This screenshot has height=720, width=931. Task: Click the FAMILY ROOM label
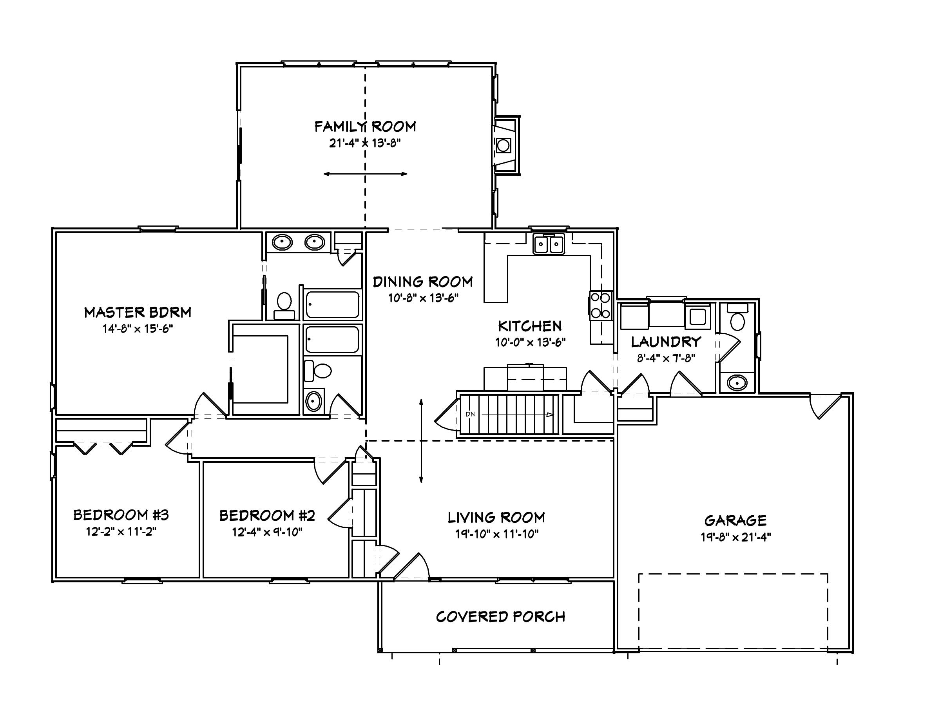pyautogui.click(x=365, y=127)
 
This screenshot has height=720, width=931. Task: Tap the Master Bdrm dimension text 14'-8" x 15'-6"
pyautogui.click(x=137, y=329)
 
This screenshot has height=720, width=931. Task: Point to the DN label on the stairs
pyautogui.click(x=470, y=414)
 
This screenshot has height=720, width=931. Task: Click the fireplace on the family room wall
pyautogui.click(x=505, y=145)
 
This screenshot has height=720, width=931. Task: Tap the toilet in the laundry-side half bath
pyautogui.click(x=737, y=321)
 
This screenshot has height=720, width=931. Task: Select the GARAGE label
pyautogui.click(x=735, y=521)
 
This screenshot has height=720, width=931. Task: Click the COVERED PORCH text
pyautogui.click(x=500, y=617)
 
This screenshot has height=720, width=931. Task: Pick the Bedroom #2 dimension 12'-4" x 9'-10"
pyautogui.click(x=267, y=532)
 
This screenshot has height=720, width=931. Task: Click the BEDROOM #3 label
pyautogui.click(x=121, y=515)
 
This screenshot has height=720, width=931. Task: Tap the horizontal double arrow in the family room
pyautogui.click(x=365, y=174)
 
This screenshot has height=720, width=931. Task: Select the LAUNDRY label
pyautogui.click(x=666, y=342)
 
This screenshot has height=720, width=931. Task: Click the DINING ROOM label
pyautogui.click(x=423, y=282)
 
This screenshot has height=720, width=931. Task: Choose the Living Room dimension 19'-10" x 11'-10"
pyautogui.click(x=496, y=534)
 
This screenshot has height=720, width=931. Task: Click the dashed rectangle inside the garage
pyautogui.click(x=733, y=574)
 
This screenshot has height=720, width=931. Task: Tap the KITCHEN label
pyautogui.click(x=530, y=326)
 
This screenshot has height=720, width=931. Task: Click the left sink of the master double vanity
pyautogui.click(x=282, y=243)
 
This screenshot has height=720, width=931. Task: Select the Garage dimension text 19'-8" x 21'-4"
pyautogui.click(x=736, y=537)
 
